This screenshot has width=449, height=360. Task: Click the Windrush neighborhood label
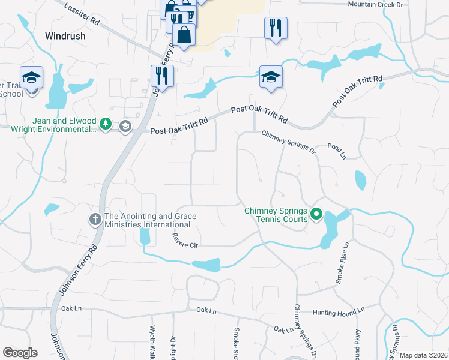click(65, 36)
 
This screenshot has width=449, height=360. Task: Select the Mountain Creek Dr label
click(376, 5)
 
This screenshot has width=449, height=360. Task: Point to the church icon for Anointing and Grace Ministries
click(95, 220)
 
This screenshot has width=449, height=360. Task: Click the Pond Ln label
click(337, 151)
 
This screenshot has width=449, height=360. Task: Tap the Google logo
click(20, 353)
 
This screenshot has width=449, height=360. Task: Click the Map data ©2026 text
click(423, 355)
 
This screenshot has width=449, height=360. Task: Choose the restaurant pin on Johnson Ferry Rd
click(162, 76)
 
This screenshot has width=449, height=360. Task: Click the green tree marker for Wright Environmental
click(106, 124)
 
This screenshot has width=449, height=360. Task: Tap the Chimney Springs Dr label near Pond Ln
click(288, 140)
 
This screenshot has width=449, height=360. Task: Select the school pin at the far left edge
click(31, 77)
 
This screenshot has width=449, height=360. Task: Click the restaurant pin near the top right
click(276, 28)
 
